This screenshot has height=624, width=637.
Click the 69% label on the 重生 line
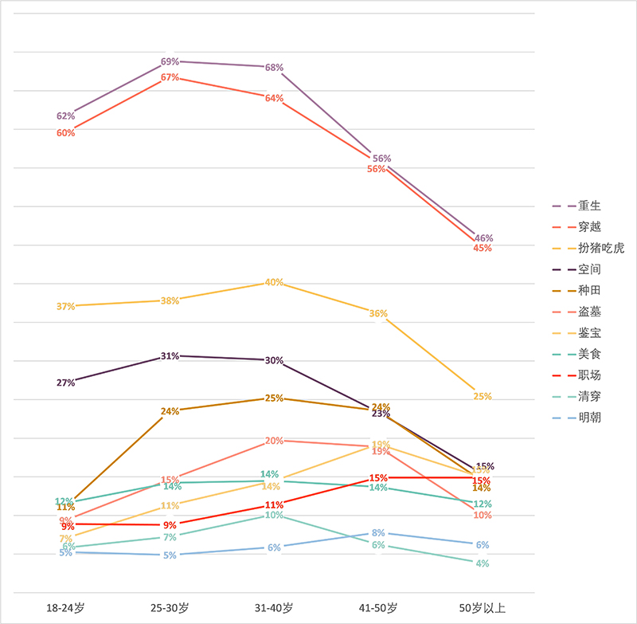click(170, 61)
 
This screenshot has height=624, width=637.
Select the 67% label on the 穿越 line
click(170, 77)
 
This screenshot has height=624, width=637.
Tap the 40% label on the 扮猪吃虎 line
click(274, 282)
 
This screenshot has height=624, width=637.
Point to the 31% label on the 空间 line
click(170, 356)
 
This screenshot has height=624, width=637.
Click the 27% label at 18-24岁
click(65, 383)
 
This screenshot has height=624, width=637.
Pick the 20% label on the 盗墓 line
click(274, 441)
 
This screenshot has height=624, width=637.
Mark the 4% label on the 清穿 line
click(483, 563)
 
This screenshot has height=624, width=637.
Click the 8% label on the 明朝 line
click(378, 532)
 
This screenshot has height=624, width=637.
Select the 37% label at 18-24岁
click(65, 306)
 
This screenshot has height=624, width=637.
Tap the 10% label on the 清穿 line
click(274, 515)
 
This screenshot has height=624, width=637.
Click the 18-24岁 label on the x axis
click(65, 608)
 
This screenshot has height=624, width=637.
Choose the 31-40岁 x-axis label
click(274, 608)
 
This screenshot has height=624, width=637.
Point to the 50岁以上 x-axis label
click(483, 608)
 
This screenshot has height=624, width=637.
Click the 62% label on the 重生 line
click(65, 116)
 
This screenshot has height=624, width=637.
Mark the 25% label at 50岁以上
click(483, 396)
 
